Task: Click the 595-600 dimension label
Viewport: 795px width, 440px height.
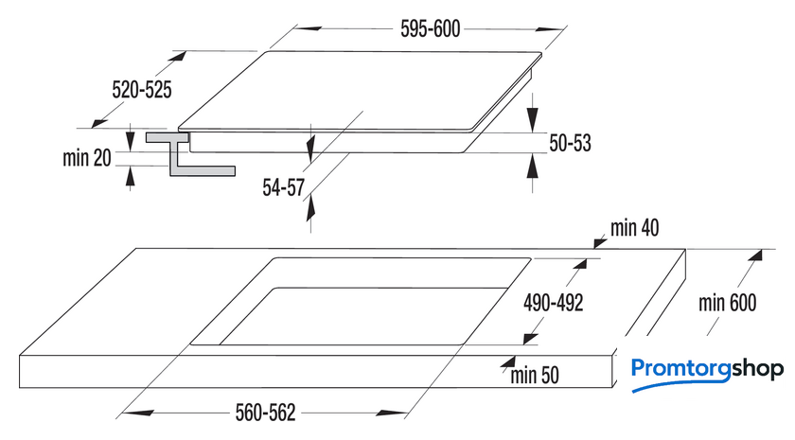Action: click(430, 29)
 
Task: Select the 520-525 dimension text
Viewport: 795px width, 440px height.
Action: click(142, 90)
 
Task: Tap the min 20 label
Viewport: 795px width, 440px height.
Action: click(87, 158)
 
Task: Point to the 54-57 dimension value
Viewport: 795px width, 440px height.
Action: click(283, 187)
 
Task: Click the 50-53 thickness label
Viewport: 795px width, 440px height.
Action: click(571, 143)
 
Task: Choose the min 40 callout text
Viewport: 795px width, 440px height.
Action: click(635, 228)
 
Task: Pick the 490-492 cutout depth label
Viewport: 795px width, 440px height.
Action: click(553, 303)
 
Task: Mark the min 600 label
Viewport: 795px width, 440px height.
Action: click(728, 303)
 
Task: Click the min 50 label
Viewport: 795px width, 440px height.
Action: click(535, 376)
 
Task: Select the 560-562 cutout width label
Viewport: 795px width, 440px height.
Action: click(265, 413)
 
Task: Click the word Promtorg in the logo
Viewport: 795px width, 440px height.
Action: click(680, 369)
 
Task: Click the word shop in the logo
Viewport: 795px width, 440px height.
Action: click(757, 369)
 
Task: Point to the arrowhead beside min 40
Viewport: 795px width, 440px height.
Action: click(600, 243)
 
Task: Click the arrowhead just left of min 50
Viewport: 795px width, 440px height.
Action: click(507, 361)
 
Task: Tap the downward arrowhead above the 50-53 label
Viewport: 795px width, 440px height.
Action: click(532, 119)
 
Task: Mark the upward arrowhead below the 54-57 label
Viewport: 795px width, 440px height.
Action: click(310, 208)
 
